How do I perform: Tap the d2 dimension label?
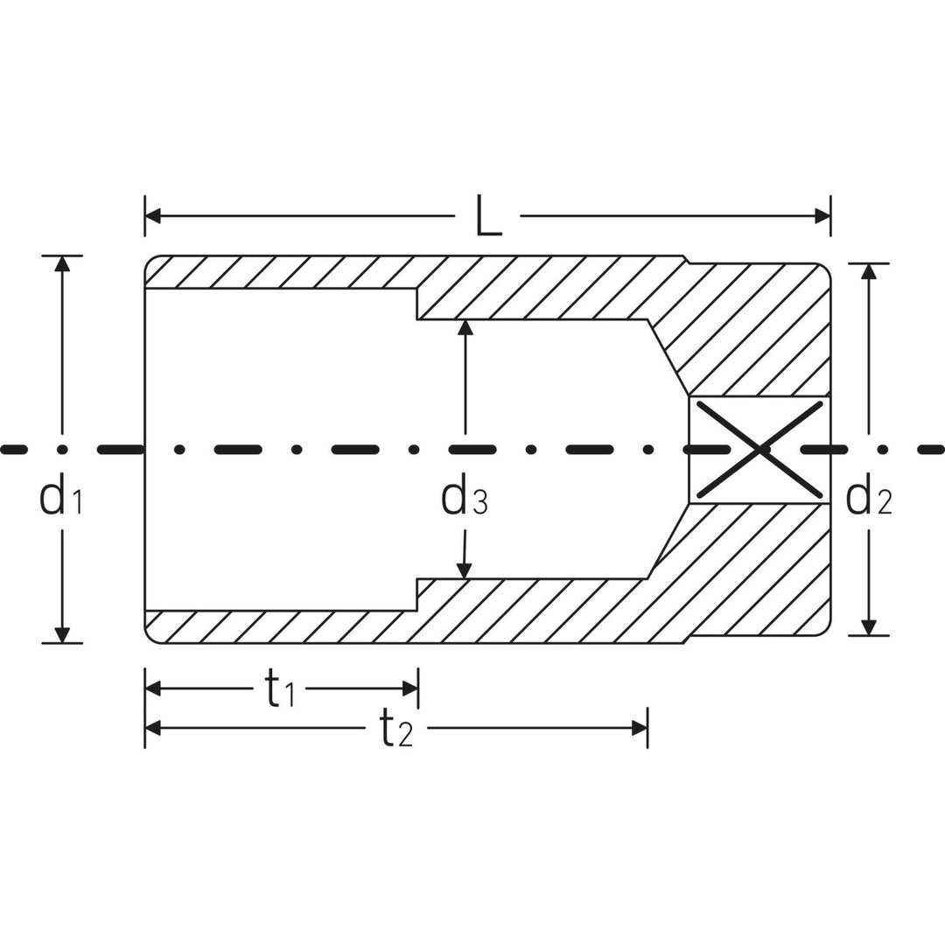pos(868,498)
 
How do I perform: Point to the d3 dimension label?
pos(465,498)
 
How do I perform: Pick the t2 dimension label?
pos(395,728)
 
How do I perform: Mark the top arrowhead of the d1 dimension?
pos(61,263)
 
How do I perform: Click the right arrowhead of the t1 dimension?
pos(410,689)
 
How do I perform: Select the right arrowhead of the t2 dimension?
pos(639,728)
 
